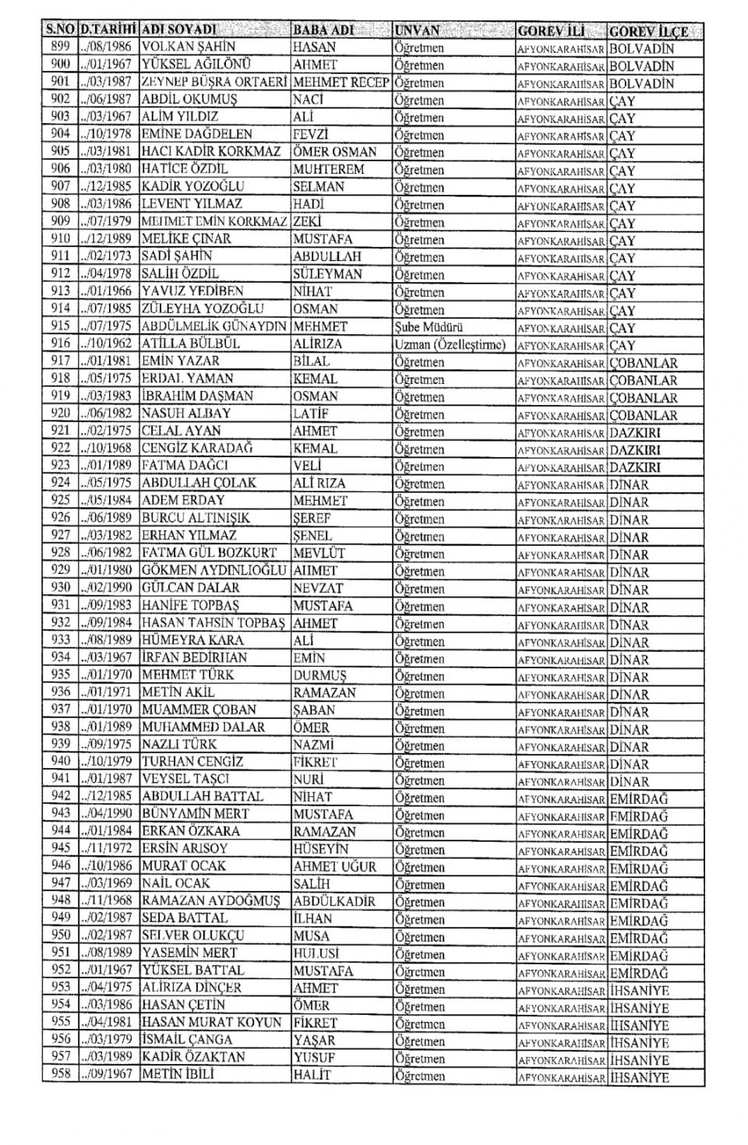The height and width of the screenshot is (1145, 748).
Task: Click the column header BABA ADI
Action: pyautogui.click(x=323, y=30)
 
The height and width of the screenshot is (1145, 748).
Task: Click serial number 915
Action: pyautogui.click(x=60, y=326)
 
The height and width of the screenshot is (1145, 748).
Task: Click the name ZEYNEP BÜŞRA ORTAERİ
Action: pyautogui.click(x=215, y=82)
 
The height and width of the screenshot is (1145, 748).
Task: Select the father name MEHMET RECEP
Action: pyautogui.click(x=341, y=82)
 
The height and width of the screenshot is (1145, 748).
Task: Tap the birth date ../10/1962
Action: pyautogui.click(x=108, y=343)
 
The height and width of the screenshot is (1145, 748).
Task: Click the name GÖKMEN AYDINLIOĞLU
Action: pyautogui.click(x=214, y=570)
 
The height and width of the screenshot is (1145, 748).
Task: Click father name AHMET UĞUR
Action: pyautogui.click(x=334, y=866)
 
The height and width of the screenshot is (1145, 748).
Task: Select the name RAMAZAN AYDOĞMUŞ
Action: pyautogui.click(x=210, y=901)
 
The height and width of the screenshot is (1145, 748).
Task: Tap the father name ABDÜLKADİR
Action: pyautogui.click(x=334, y=901)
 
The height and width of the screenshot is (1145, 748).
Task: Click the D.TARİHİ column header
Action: pyautogui.click(x=108, y=30)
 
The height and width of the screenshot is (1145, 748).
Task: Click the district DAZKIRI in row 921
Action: pyautogui.click(x=635, y=432)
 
